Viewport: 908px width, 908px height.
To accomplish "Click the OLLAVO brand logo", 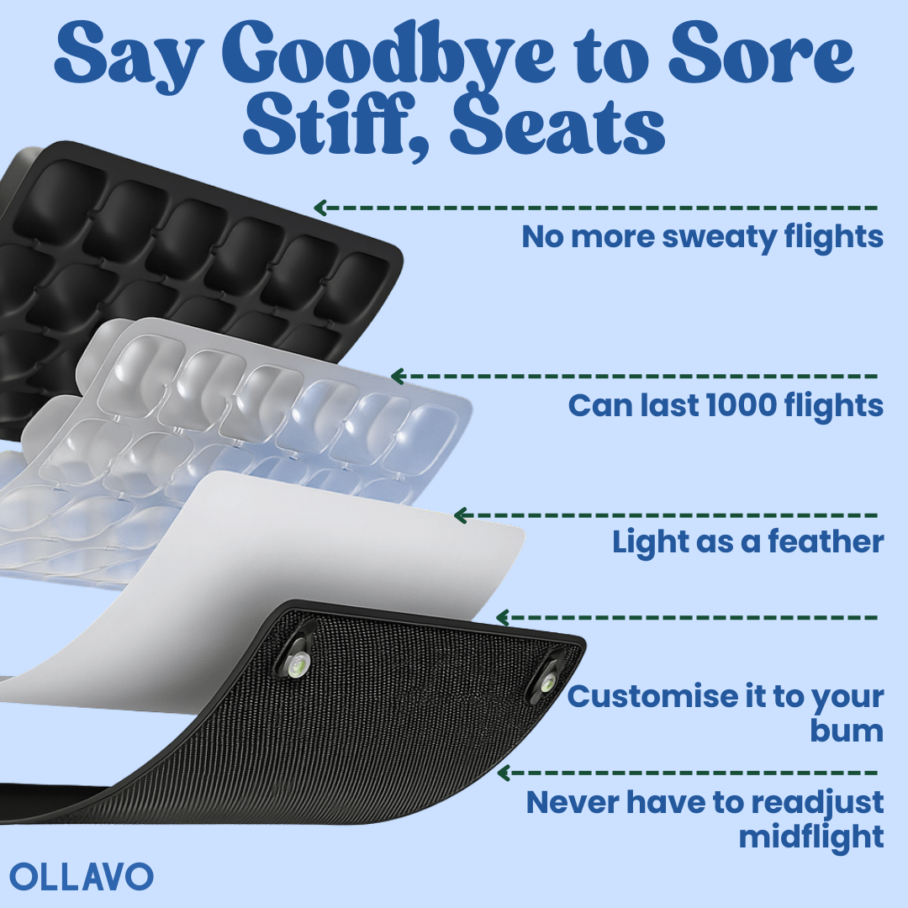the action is tap(82, 876).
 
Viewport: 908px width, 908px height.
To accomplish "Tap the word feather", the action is tap(826, 542).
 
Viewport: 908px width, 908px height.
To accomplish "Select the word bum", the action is tap(847, 730).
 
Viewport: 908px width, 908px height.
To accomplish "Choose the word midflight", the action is tap(811, 837).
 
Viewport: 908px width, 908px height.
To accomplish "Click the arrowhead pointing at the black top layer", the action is tap(320, 208).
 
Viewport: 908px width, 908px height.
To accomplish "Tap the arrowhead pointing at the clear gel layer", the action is tap(397, 377).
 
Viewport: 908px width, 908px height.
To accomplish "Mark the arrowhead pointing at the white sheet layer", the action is tap(461, 515).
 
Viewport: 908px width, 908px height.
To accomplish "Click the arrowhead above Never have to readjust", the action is tap(504, 773).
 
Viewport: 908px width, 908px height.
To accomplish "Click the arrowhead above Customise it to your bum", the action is tap(504, 618).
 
